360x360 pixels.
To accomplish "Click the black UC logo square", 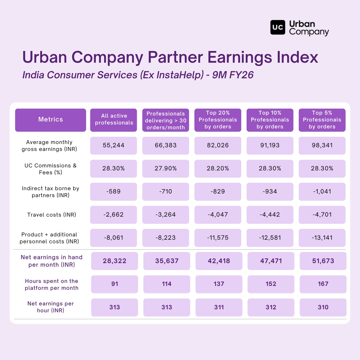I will click(277, 28).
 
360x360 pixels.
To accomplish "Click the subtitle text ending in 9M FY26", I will click(138, 75).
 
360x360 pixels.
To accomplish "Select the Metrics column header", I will click(50, 120).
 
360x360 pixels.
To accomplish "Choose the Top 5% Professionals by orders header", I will click(322, 120).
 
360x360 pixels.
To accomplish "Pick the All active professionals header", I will click(114, 120).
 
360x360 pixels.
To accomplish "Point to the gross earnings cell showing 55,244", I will click(113, 145).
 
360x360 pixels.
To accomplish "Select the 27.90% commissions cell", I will click(166, 169).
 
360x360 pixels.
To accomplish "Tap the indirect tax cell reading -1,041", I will click(322, 192).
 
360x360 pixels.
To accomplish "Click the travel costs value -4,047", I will click(218, 215).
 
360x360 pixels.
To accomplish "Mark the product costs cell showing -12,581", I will click(270, 238).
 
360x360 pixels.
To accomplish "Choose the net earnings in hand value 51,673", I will click(323, 261).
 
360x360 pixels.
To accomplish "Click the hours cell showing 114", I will click(167, 284).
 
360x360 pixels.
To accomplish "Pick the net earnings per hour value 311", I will click(219, 307).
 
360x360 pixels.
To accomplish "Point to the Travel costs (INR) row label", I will click(52, 215).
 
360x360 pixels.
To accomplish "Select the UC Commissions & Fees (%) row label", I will click(50, 169).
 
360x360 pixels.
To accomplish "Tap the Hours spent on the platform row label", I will click(52, 284).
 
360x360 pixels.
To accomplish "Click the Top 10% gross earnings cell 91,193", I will click(270, 145).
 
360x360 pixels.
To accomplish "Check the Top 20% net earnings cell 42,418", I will click(219, 261).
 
